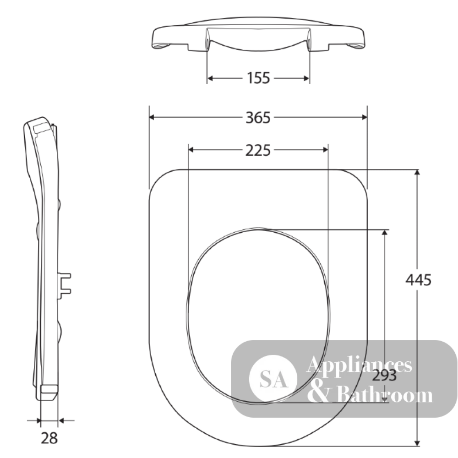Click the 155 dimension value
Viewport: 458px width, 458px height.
click(x=258, y=78)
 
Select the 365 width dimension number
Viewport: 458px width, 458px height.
click(x=258, y=117)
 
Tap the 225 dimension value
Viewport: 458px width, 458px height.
click(x=258, y=150)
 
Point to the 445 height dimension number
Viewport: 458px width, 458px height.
click(x=418, y=280)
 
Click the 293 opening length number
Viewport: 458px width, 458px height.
click(x=384, y=376)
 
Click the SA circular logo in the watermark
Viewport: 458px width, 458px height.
click(x=273, y=379)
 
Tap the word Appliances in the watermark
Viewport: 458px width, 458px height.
click(x=359, y=365)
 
